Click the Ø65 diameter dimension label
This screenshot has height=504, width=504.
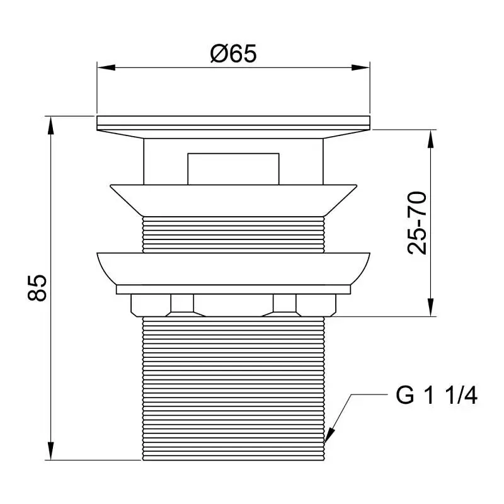click(x=233, y=54)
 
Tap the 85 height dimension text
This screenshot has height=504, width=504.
click(x=37, y=288)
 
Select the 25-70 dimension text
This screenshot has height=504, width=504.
click(x=417, y=223)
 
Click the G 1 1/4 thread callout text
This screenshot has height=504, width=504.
click(x=436, y=396)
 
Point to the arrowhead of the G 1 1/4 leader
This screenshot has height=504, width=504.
click(x=329, y=435)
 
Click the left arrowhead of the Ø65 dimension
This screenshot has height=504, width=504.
click(x=106, y=67)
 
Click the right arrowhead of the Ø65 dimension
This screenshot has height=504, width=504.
click(x=360, y=67)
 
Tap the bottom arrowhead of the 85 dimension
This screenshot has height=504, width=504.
click(x=50, y=451)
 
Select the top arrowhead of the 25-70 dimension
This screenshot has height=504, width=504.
click(x=431, y=139)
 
